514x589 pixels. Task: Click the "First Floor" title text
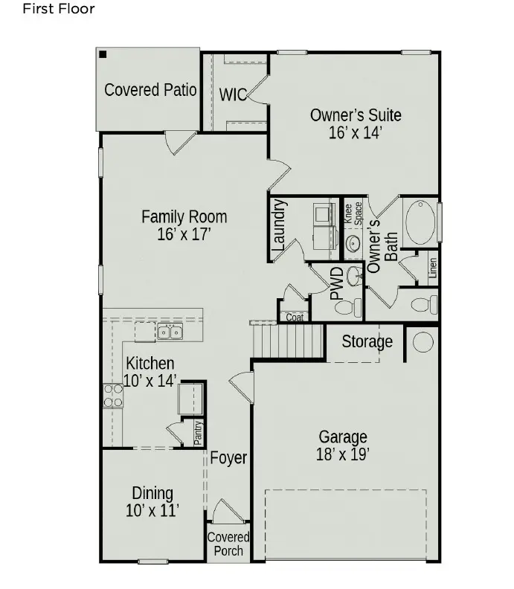59,10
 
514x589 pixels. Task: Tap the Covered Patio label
150,90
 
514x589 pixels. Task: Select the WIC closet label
233,94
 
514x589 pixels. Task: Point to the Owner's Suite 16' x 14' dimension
356,133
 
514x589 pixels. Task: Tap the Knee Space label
353,213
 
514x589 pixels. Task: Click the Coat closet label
295,318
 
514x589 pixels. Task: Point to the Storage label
367,342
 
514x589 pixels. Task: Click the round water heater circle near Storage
423,341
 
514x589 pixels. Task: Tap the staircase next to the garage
289,343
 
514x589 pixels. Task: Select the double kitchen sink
170,332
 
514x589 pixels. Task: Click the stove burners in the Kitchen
113,396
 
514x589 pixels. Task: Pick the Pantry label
198,433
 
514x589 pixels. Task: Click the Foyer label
228,458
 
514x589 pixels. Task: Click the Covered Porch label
228,544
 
